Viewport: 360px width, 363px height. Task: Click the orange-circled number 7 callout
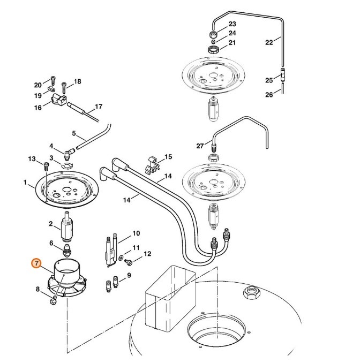[36, 263]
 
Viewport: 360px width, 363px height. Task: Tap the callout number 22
[269, 41]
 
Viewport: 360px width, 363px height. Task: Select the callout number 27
[200, 145]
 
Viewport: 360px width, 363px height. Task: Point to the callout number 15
[168, 157]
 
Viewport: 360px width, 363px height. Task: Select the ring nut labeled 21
[214, 49]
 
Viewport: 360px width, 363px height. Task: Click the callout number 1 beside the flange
[25, 183]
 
